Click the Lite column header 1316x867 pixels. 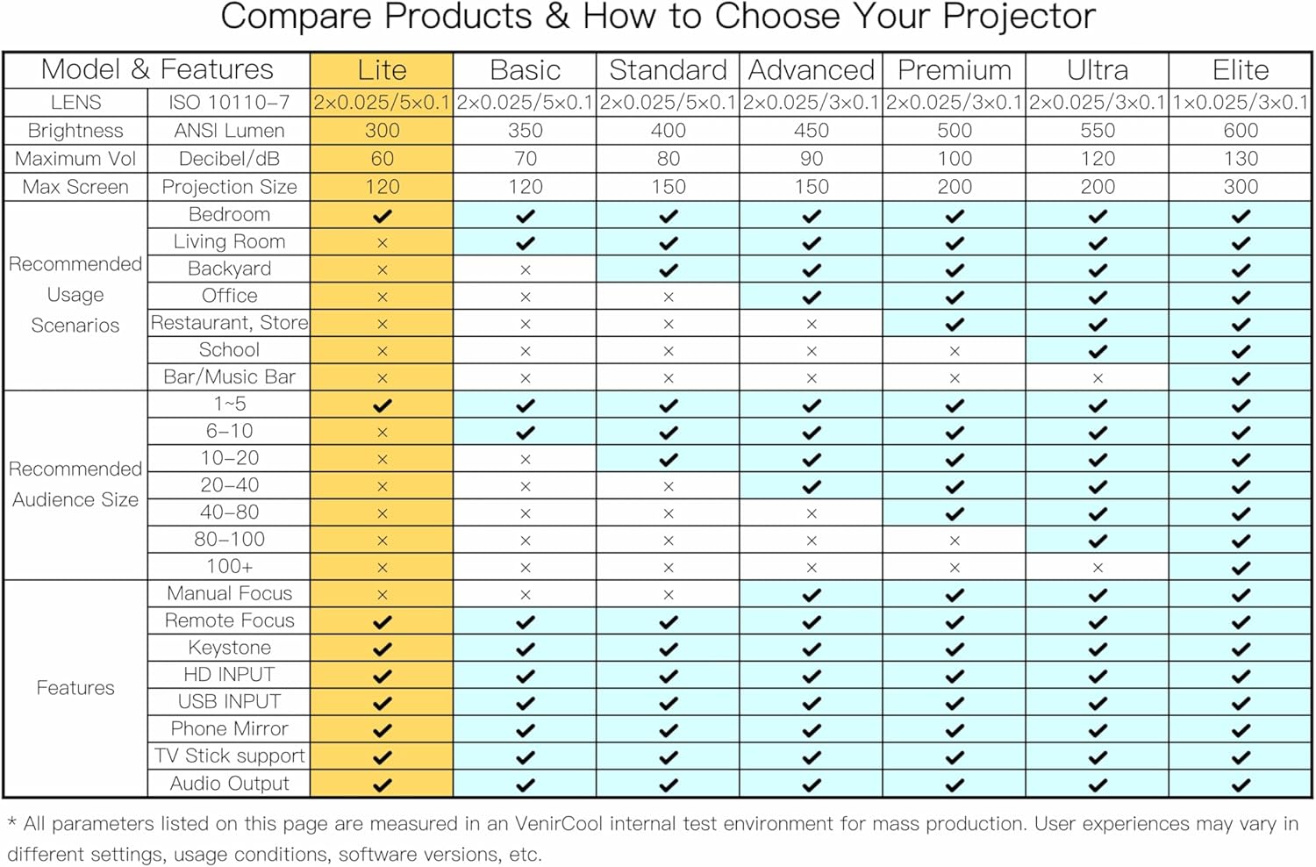click(x=382, y=70)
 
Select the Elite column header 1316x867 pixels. click(x=1241, y=70)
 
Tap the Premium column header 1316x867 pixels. click(x=955, y=70)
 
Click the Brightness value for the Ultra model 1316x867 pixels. click(x=1098, y=131)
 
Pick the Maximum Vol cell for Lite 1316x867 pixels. click(x=382, y=159)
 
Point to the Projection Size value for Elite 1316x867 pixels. click(x=1241, y=187)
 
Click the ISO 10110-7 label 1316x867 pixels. click(x=229, y=103)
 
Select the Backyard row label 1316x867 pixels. click(x=229, y=269)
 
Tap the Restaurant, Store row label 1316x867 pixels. click(x=229, y=323)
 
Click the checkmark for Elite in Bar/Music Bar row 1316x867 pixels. click(x=1241, y=378)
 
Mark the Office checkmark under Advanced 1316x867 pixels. click(x=812, y=297)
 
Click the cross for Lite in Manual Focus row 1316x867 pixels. click(x=382, y=595)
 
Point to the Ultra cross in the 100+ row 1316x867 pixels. click(x=1098, y=568)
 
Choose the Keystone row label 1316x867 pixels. click(x=229, y=648)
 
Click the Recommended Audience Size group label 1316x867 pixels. click(x=75, y=484)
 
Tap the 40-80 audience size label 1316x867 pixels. click(x=229, y=512)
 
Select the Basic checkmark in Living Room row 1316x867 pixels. click(x=526, y=243)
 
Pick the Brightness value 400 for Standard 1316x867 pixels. click(x=669, y=131)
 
